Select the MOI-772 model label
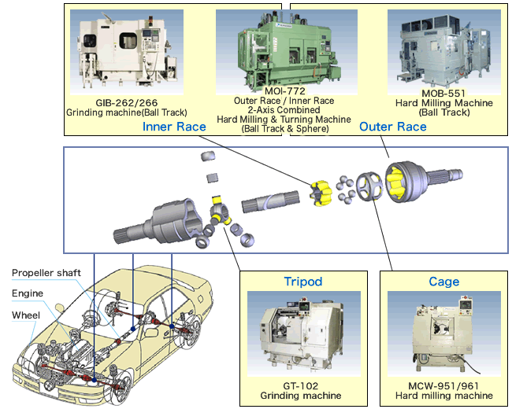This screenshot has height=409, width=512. click(x=284, y=91)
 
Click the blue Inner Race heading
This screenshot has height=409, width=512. click(x=174, y=126)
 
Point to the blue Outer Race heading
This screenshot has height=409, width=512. click(x=392, y=126)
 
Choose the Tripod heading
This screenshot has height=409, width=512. click(x=303, y=281)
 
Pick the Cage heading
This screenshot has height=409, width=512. click(x=444, y=281)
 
